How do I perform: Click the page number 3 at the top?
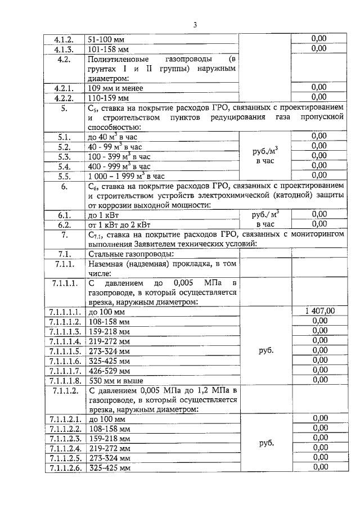pos(195,25)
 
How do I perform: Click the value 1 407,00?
pos(319,311)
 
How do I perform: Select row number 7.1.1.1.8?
pos(65,381)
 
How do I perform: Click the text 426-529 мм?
pos(109,371)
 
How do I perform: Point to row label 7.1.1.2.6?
pos(65,468)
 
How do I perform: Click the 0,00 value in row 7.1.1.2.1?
pos(319,418)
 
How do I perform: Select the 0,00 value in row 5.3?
pos(319,156)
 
